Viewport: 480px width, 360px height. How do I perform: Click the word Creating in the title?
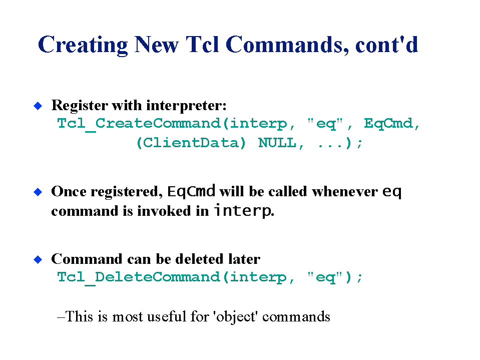(x=83, y=45)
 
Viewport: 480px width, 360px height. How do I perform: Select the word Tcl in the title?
(x=202, y=45)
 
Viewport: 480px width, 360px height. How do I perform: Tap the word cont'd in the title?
(x=386, y=45)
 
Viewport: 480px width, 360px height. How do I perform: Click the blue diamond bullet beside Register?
(x=38, y=106)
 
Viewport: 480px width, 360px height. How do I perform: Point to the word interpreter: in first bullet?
(x=186, y=106)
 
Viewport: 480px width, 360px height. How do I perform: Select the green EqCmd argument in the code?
(x=388, y=124)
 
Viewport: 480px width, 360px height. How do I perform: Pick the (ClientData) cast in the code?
(x=191, y=143)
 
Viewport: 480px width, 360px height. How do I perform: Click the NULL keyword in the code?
(x=277, y=143)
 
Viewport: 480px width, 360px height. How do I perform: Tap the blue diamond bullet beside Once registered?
(x=38, y=192)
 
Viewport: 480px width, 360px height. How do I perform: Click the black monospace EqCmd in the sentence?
(x=191, y=192)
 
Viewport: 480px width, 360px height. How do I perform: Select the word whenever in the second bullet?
(x=345, y=192)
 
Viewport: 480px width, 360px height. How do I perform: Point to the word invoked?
(x=164, y=211)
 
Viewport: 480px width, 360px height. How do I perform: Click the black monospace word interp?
(x=242, y=211)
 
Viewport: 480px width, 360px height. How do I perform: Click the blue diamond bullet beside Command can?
(x=38, y=259)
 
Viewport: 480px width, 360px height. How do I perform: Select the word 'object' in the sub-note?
(x=235, y=317)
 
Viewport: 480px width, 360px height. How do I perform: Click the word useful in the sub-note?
(x=167, y=316)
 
